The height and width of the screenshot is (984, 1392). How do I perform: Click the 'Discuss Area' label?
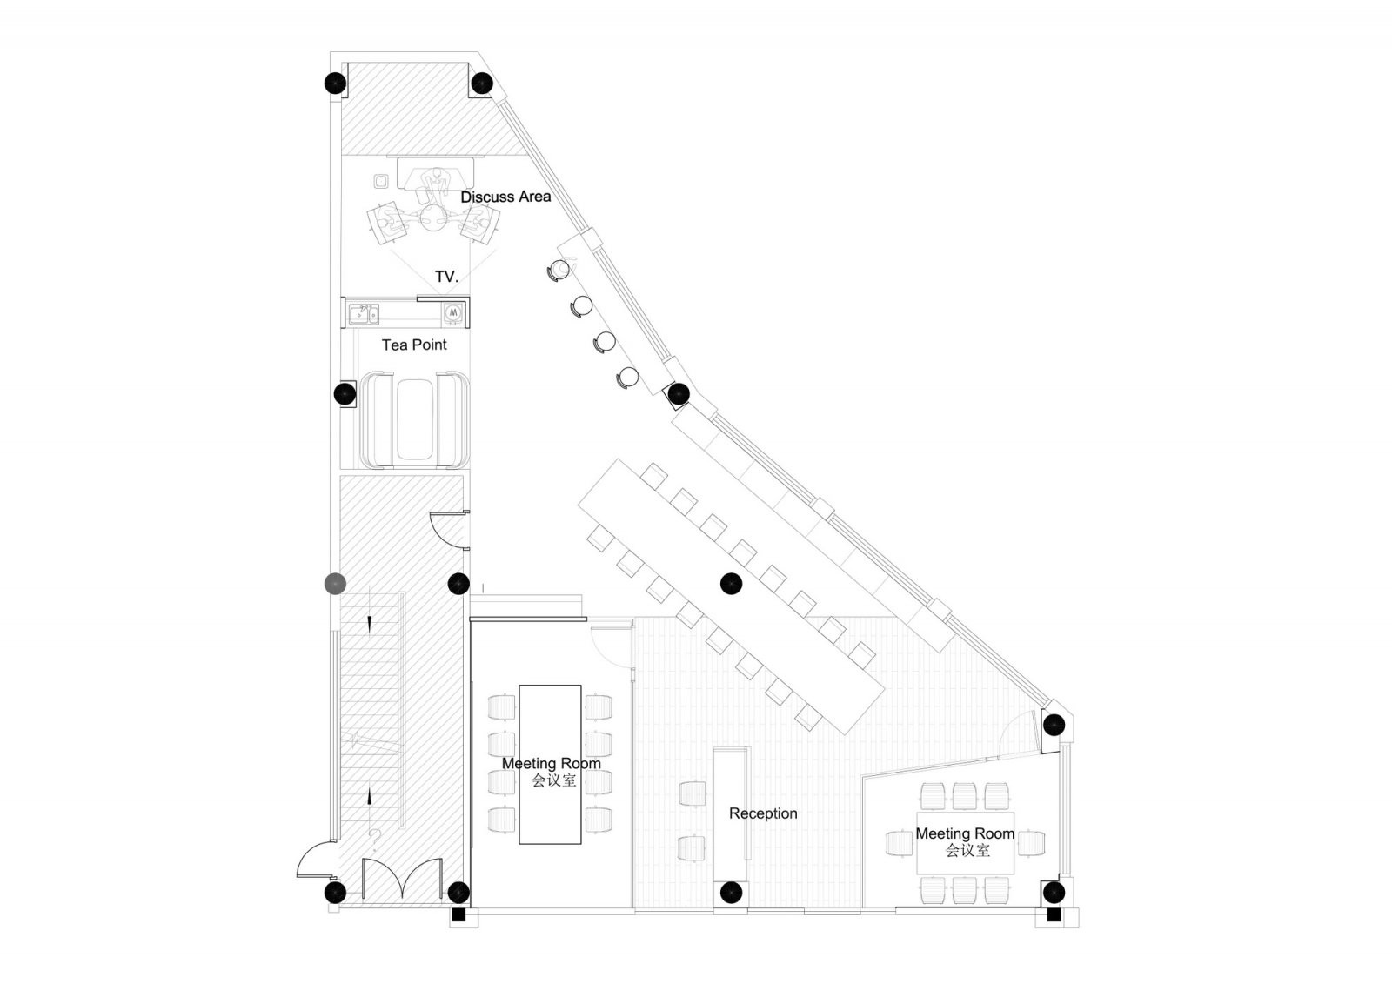(x=505, y=197)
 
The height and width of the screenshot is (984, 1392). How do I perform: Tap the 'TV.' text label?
(x=446, y=277)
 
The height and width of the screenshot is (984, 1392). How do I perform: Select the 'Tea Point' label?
(x=414, y=345)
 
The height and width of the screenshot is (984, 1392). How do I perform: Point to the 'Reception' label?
(x=763, y=813)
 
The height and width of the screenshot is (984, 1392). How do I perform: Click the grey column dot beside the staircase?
(x=335, y=583)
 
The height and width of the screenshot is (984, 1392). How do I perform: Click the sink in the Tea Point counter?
(x=364, y=313)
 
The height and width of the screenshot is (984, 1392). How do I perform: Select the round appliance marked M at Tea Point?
(x=453, y=312)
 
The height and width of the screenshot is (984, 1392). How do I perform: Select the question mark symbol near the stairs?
(x=374, y=838)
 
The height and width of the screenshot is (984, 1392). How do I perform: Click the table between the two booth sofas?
(x=415, y=419)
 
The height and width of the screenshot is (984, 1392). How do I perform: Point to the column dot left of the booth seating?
(x=345, y=393)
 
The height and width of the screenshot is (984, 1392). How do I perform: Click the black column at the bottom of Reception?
(x=732, y=891)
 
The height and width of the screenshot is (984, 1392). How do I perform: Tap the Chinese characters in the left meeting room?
(x=554, y=780)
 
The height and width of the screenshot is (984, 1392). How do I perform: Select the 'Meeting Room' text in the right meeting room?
(x=965, y=833)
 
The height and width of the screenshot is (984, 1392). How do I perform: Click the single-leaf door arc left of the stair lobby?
(x=315, y=860)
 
